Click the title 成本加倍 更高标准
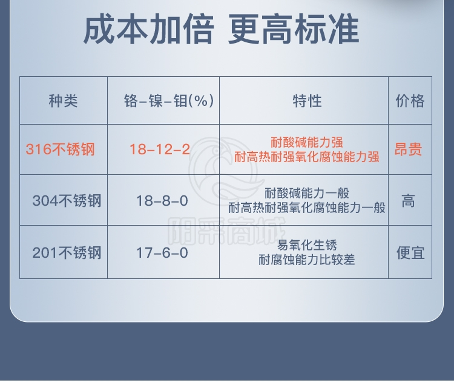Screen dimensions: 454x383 [x=222, y=30]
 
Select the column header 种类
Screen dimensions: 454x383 [x=63, y=101]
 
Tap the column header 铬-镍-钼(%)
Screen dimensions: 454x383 [x=169, y=101]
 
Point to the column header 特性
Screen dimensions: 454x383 [x=307, y=101]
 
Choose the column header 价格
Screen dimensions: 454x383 [x=410, y=101]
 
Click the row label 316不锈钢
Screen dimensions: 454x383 [x=60, y=149]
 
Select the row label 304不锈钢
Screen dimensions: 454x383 [x=67, y=201]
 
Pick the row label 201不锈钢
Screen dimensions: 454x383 [x=67, y=253]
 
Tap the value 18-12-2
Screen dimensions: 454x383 [x=160, y=149]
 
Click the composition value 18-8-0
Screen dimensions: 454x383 [x=162, y=201]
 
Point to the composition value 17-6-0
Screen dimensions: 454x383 [x=162, y=253]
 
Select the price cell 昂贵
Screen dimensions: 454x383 [x=408, y=149]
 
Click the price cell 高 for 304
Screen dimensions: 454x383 [x=408, y=201]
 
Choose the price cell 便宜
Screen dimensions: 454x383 [x=410, y=253]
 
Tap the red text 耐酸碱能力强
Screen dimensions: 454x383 [x=307, y=142]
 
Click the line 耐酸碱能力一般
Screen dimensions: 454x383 [x=307, y=193]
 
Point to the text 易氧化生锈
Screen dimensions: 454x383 [x=307, y=245]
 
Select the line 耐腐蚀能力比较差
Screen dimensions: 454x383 [x=307, y=260]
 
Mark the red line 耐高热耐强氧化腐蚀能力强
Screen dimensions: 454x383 [x=307, y=157]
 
